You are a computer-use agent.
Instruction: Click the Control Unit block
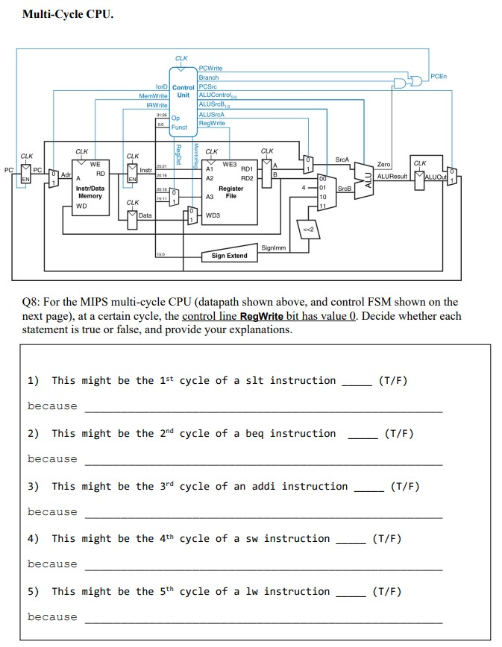click(183, 92)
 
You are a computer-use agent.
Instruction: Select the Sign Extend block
click(230, 256)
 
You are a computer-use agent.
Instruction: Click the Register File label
click(231, 192)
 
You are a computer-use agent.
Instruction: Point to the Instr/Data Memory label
click(90, 192)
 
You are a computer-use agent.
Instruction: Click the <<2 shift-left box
click(309, 230)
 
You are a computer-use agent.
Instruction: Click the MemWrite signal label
click(153, 96)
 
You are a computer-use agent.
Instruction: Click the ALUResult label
click(394, 177)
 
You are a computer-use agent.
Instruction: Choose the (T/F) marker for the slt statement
click(393, 381)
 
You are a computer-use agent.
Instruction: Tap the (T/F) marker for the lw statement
click(386, 592)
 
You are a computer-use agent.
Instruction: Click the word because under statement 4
click(52, 564)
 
